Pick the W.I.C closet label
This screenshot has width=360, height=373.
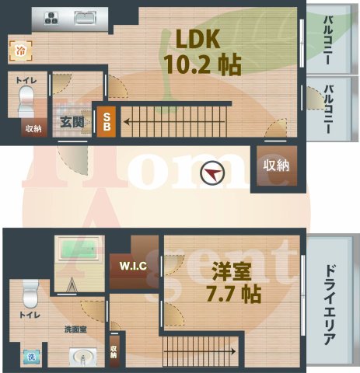pyautogui.click(x=133, y=266)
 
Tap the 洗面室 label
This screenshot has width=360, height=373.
pyautogui.click(x=76, y=329)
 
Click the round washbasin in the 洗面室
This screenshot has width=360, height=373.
pyautogui.click(x=82, y=358)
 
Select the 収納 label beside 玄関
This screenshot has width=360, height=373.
pyautogui.click(x=30, y=130)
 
